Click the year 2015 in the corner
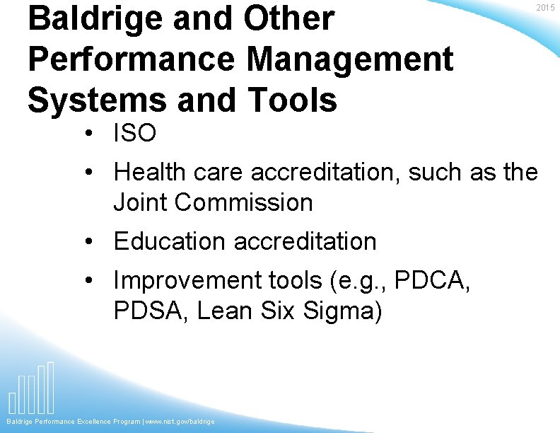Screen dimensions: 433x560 tap(545, 8)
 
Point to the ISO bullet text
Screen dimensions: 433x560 tap(135, 133)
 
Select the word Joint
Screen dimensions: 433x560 tap(141, 202)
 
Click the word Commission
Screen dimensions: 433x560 tap(244, 202)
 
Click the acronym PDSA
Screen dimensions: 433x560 tap(150, 311)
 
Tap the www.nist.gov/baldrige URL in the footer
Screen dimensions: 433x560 tap(180, 422)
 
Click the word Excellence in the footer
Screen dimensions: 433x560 tap(91, 422)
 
